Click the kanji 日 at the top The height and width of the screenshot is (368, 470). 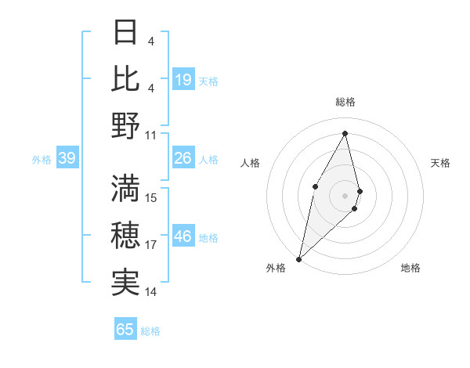click(x=125, y=34)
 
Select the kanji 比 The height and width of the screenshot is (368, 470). click(x=125, y=79)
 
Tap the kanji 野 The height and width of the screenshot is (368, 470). click(x=125, y=125)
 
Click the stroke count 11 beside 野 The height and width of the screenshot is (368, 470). click(x=151, y=134)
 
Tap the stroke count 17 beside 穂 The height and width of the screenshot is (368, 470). click(x=151, y=245)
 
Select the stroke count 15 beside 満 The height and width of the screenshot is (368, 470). click(x=151, y=197)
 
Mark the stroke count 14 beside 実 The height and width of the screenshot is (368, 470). click(x=151, y=292)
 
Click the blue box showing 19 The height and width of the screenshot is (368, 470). click(x=183, y=79)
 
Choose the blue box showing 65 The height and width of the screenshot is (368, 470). click(x=125, y=330)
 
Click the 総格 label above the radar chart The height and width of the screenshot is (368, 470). click(x=345, y=102)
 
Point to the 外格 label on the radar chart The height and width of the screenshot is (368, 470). click(x=276, y=268)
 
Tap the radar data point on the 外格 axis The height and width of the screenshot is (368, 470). click(x=298, y=258)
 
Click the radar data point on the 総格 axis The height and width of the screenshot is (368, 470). click(x=345, y=134)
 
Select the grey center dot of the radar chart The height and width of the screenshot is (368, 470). click(x=345, y=195)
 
